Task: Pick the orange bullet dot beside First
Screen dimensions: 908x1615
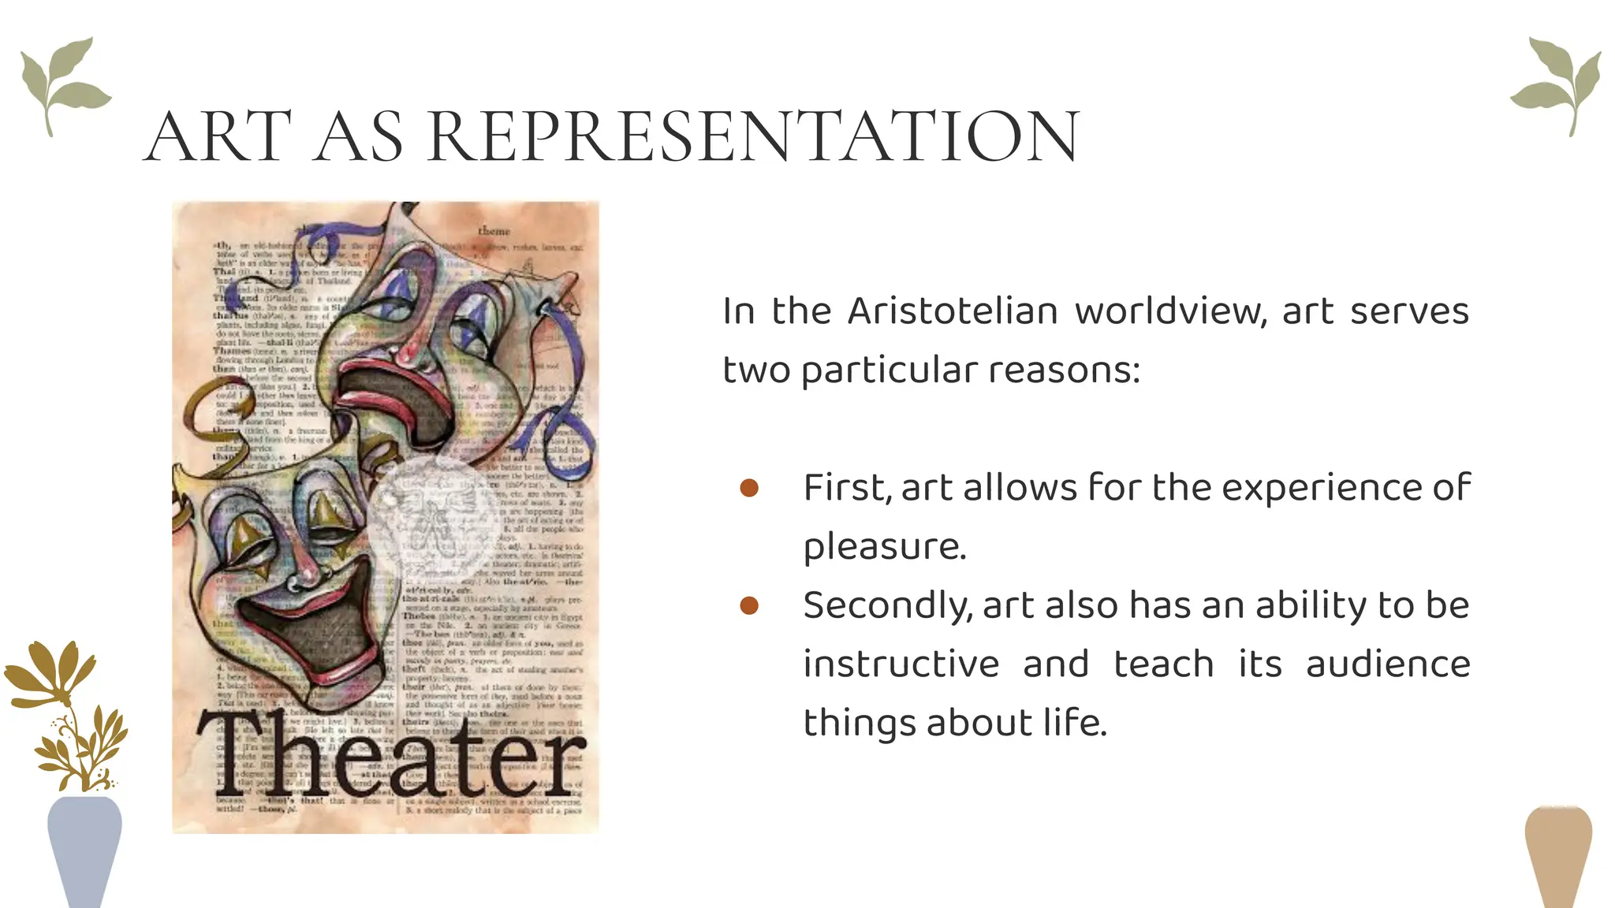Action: click(x=749, y=488)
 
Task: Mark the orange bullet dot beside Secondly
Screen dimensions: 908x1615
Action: click(x=749, y=605)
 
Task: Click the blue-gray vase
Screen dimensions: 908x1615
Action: click(x=84, y=847)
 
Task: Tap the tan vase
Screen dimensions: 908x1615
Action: click(x=1558, y=855)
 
